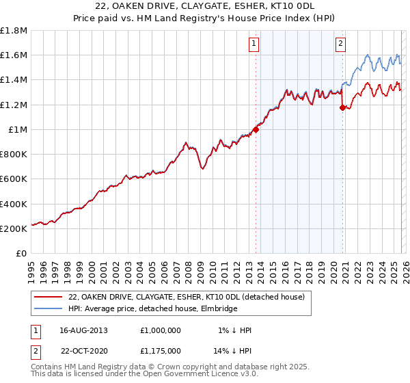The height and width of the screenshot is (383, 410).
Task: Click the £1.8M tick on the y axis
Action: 14,31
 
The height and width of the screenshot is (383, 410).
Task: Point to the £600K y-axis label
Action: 14,179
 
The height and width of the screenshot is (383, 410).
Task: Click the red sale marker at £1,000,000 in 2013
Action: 256,129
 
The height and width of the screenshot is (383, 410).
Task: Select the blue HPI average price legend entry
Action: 152,309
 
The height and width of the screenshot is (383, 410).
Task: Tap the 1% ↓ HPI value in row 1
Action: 235,330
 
